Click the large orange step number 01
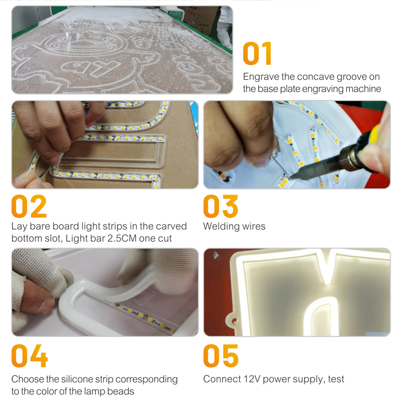[257, 54]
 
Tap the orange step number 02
[29, 207]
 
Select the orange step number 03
[221, 207]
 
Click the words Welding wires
[234, 227]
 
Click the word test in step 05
[335, 379]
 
